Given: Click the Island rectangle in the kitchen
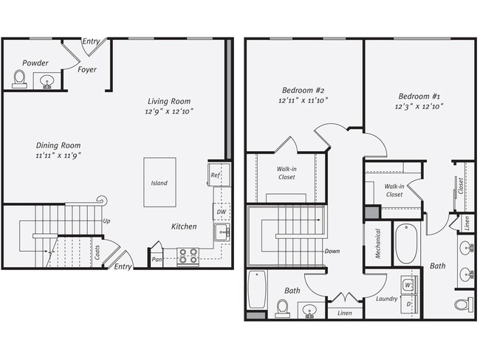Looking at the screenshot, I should pyautogui.click(x=160, y=181).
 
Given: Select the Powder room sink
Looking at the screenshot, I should pyautogui.click(x=48, y=81).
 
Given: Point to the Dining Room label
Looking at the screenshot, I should pyautogui.click(x=58, y=145).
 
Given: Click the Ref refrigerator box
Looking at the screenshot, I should pyautogui.click(x=216, y=175).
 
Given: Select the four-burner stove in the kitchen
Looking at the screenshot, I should pyautogui.click(x=187, y=255).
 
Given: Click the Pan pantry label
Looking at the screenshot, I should pyautogui.click(x=157, y=259).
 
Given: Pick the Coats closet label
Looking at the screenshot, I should pyautogui.click(x=97, y=253).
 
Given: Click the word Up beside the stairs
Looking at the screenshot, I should pyautogui.click(x=107, y=221).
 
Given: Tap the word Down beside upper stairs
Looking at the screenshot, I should pyautogui.click(x=332, y=251).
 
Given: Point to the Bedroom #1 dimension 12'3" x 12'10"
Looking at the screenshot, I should pyautogui.click(x=421, y=107).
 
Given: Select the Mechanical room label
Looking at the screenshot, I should pyautogui.click(x=377, y=243).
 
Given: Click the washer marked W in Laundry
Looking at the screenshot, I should pyautogui.click(x=407, y=283).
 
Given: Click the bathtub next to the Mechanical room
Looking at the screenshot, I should pyautogui.click(x=406, y=245).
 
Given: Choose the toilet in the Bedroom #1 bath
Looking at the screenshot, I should pyautogui.click(x=463, y=303).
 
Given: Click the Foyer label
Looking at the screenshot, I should pyautogui.click(x=87, y=70).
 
